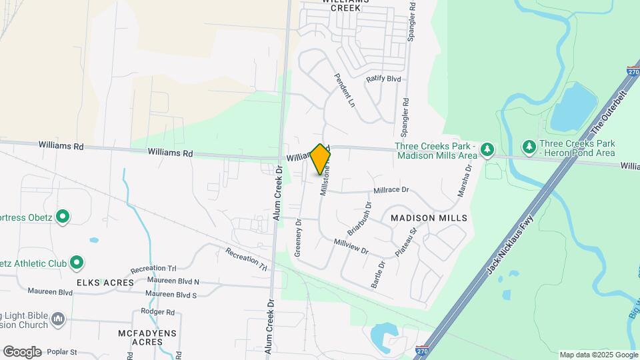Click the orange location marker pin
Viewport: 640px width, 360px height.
(x=320, y=159)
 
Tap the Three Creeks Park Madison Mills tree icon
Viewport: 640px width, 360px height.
(x=487, y=150)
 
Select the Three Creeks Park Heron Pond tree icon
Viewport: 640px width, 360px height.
(x=529, y=146)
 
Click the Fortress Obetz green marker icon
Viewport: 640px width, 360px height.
(x=62, y=217)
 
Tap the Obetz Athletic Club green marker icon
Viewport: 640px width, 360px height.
(x=76, y=263)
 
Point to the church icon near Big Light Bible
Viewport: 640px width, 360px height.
(x=58, y=320)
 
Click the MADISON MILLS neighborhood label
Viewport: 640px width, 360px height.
(x=419, y=218)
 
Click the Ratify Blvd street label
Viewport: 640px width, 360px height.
(x=383, y=79)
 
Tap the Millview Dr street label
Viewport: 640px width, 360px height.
(x=351, y=246)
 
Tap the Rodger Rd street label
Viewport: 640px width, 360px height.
(x=157, y=311)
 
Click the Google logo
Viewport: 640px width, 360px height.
(x=22, y=351)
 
